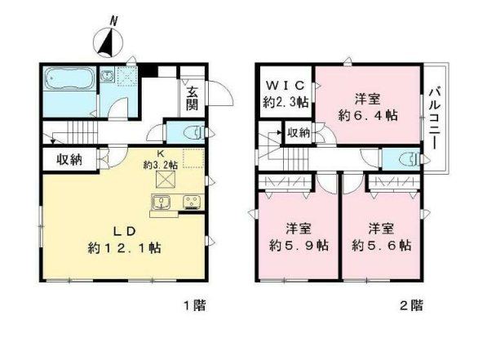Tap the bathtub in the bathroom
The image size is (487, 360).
tap(68, 81)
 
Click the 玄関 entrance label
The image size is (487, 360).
tap(192, 98)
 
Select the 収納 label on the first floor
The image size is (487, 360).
tap(69, 160)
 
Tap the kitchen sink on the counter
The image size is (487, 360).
tap(161, 202)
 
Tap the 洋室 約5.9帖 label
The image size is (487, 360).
tap(299, 236)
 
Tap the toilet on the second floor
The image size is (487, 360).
tap(393, 159)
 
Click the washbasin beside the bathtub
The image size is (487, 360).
tap(107, 78)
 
